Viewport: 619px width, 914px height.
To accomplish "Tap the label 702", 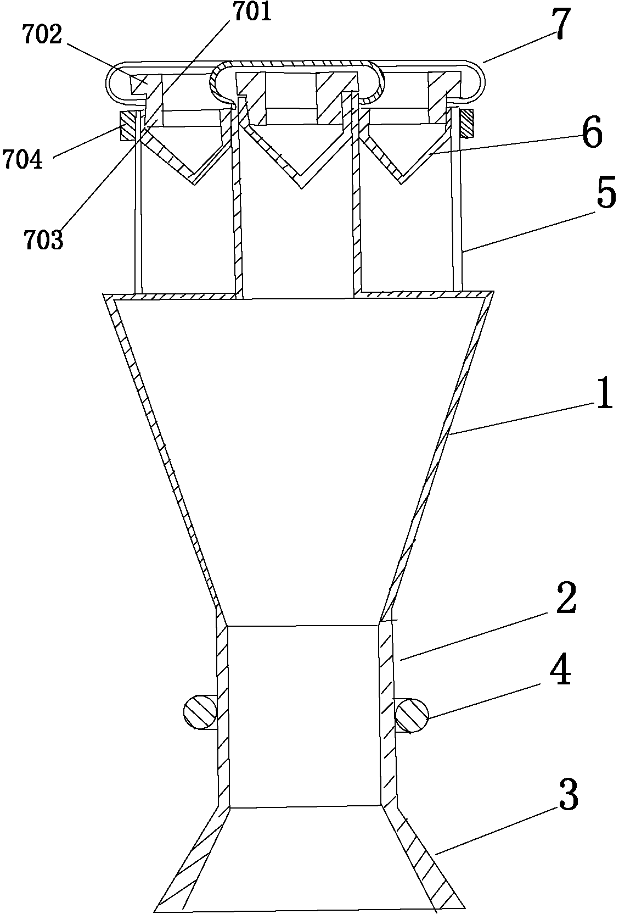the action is pos(41,35).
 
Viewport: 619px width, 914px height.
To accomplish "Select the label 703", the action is pos(43,241).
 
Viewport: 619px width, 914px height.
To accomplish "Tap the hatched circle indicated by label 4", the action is pos(411,715).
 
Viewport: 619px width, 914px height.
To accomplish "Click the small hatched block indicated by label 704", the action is pos(130,125).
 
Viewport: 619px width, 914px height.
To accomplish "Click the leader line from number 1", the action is pos(521,419).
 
